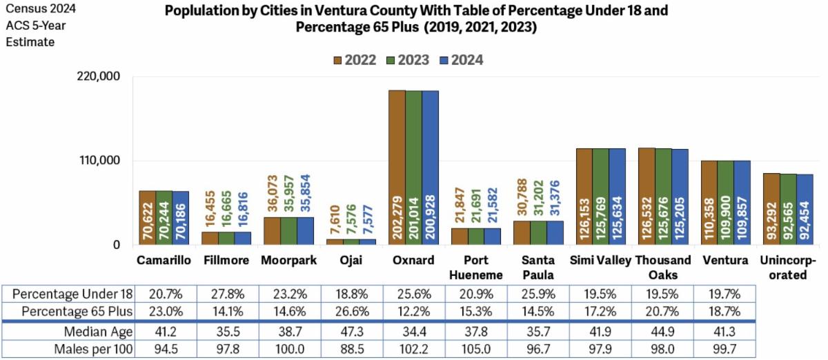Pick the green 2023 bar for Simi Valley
click(600, 197)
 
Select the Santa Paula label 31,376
click(555, 199)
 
